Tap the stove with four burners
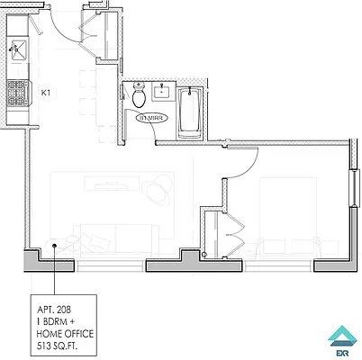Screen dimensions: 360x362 [17, 90]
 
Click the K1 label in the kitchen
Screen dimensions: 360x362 [45, 91]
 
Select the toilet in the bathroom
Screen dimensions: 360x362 [138, 94]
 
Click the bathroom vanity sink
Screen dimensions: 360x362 [163, 91]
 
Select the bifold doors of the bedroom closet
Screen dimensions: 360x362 [236, 233]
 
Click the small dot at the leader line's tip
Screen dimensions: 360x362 [55, 243]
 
